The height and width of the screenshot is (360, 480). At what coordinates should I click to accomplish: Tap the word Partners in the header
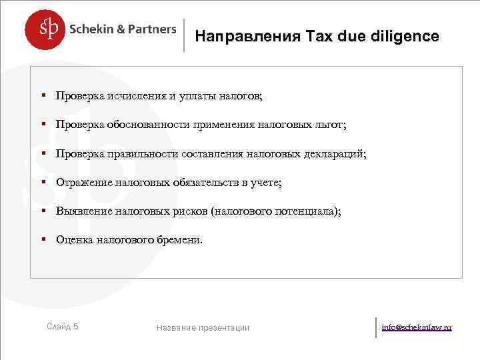pyautogui.click(x=153, y=29)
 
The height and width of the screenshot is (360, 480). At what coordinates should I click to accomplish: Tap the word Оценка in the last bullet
pyautogui.click(x=75, y=239)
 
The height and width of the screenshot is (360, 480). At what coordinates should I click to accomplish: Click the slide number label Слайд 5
pyautogui.click(x=63, y=327)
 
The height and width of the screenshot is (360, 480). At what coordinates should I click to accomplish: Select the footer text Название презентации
pyautogui.click(x=203, y=327)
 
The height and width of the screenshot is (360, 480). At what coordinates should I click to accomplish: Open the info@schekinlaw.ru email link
pyautogui.click(x=417, y=327)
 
